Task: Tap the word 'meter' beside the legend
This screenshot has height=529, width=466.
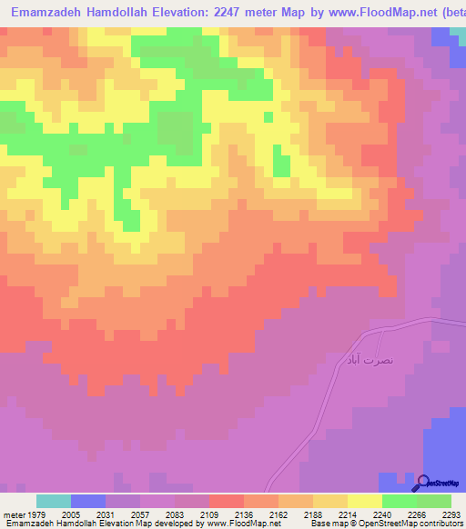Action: coord(14,514)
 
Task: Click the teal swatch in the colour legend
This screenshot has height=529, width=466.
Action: coord(54,501)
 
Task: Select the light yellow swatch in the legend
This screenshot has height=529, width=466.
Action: coord(364,501)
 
